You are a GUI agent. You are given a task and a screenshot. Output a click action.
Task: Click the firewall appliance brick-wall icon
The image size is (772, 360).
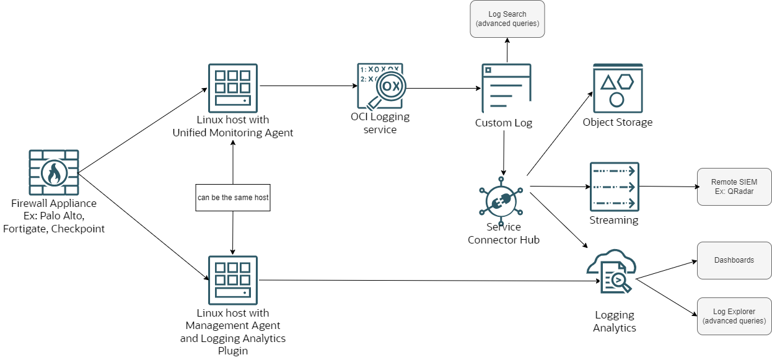point(54,172)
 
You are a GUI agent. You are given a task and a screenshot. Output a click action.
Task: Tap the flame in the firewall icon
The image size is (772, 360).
point(54,173)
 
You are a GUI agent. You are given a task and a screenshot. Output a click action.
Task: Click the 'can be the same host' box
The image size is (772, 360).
point(233,198)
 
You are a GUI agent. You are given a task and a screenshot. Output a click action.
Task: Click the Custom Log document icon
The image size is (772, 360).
point(506,88)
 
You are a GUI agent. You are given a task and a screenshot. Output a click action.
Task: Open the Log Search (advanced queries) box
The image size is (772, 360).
point(507,19)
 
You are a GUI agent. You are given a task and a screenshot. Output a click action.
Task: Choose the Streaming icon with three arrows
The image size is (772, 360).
point(614,187)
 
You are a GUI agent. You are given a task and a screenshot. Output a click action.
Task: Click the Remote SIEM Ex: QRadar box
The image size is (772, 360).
point(734,187)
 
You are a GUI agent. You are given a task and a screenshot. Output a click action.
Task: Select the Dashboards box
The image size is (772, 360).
point(734,260)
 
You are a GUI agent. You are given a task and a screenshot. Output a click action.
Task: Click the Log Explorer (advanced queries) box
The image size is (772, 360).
point(734,316)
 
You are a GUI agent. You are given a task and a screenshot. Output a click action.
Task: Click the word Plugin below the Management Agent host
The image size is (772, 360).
point(233,351)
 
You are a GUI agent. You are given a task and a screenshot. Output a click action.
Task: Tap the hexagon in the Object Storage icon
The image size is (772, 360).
point(625,81)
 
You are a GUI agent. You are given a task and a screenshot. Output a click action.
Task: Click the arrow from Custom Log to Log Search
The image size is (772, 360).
point(507,50)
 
